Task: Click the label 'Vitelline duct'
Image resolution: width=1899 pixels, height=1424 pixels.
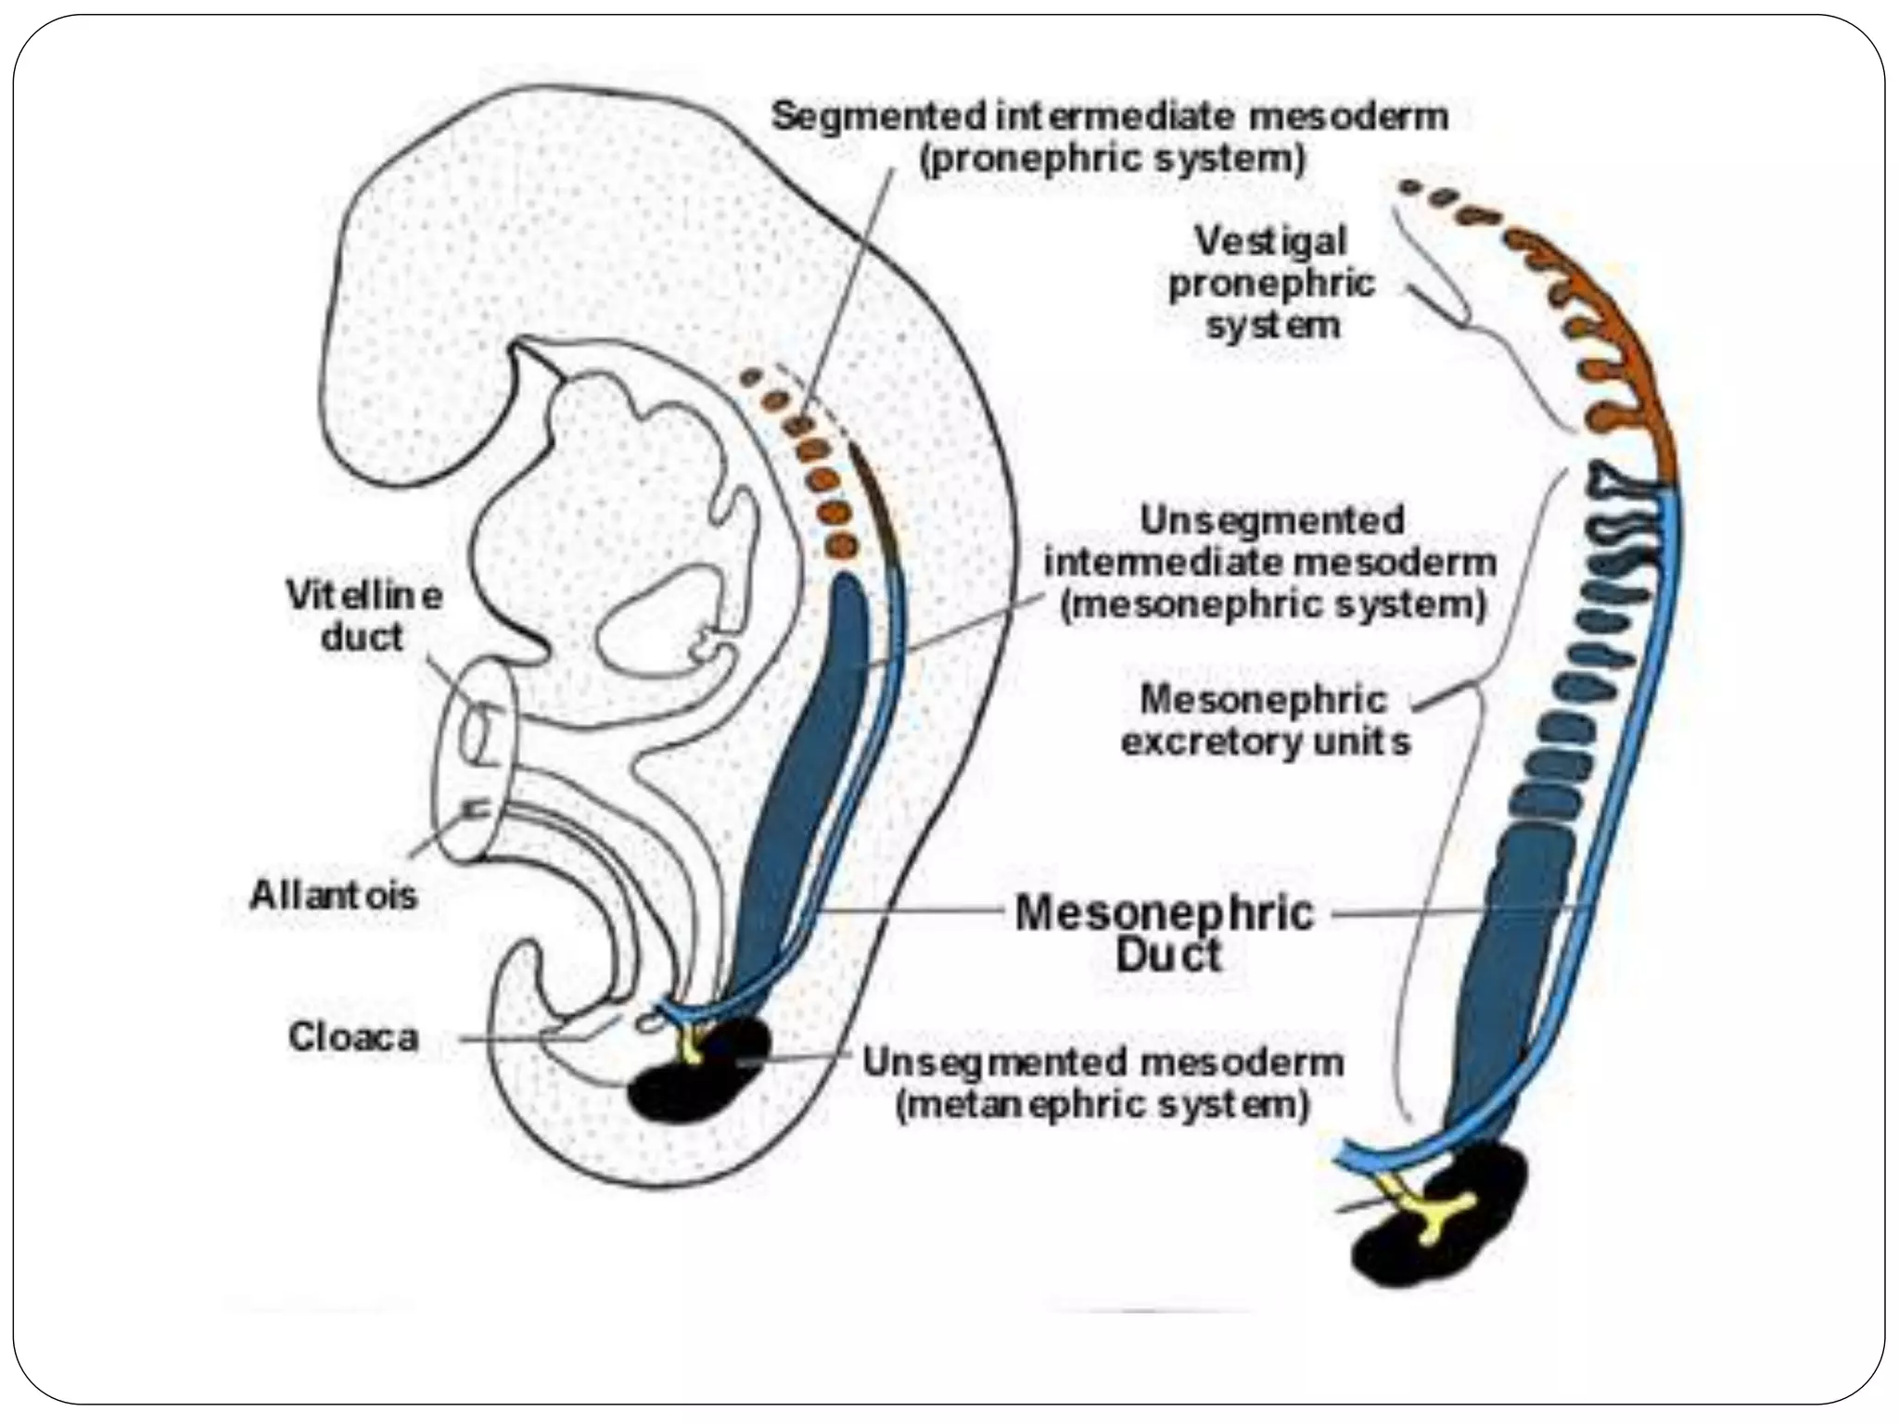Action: click(363, 617)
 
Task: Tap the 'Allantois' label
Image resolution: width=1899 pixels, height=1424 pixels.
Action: click(334, 896)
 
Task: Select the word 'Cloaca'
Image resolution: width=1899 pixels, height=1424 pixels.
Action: click(353, 1036)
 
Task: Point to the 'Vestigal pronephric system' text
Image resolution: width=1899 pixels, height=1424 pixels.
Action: click(1271, 283)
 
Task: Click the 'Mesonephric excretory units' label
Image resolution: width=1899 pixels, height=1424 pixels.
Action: click(1266, 720)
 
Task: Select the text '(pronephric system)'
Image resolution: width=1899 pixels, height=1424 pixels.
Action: click(1112, 159)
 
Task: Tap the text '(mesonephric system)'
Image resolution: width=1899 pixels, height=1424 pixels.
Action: click(1273, 604)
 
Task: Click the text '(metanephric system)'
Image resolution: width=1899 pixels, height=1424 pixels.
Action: click(1102, 1105)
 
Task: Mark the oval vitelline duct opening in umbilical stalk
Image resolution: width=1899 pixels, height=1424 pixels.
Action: click(474, 732)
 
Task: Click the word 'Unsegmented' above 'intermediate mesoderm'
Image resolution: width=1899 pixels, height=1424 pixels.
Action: click(1271, 520)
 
